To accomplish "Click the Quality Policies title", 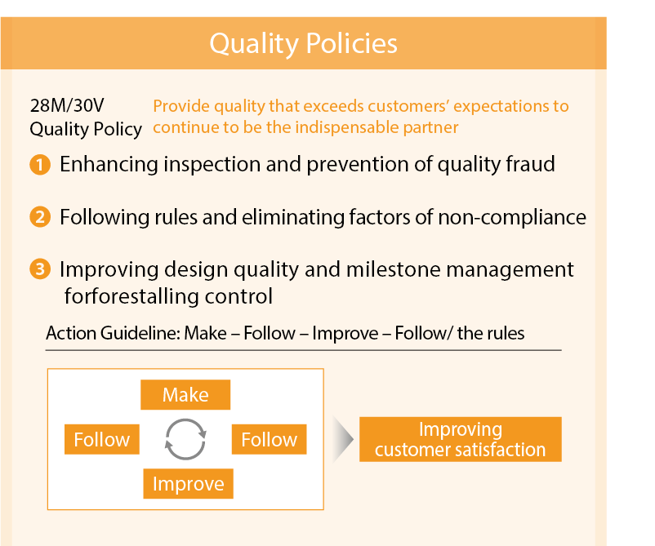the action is [303, 43].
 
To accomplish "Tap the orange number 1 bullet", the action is [40, 165].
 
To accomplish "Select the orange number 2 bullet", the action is [40, 217].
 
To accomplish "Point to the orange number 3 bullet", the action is [40, 269].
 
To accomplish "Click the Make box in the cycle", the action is [185, 394].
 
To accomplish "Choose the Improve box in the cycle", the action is [189, 484].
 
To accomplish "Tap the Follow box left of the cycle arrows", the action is [102, 439].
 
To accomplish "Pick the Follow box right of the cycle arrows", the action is [269, 439].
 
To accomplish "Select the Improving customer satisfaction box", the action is [461, 439].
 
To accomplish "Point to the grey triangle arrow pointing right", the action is [343, 439].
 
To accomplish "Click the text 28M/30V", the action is [67, 105].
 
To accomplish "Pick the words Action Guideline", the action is [114, 333].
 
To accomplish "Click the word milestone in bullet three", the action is [394, 269].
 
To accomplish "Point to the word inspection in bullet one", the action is [212, 165].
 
